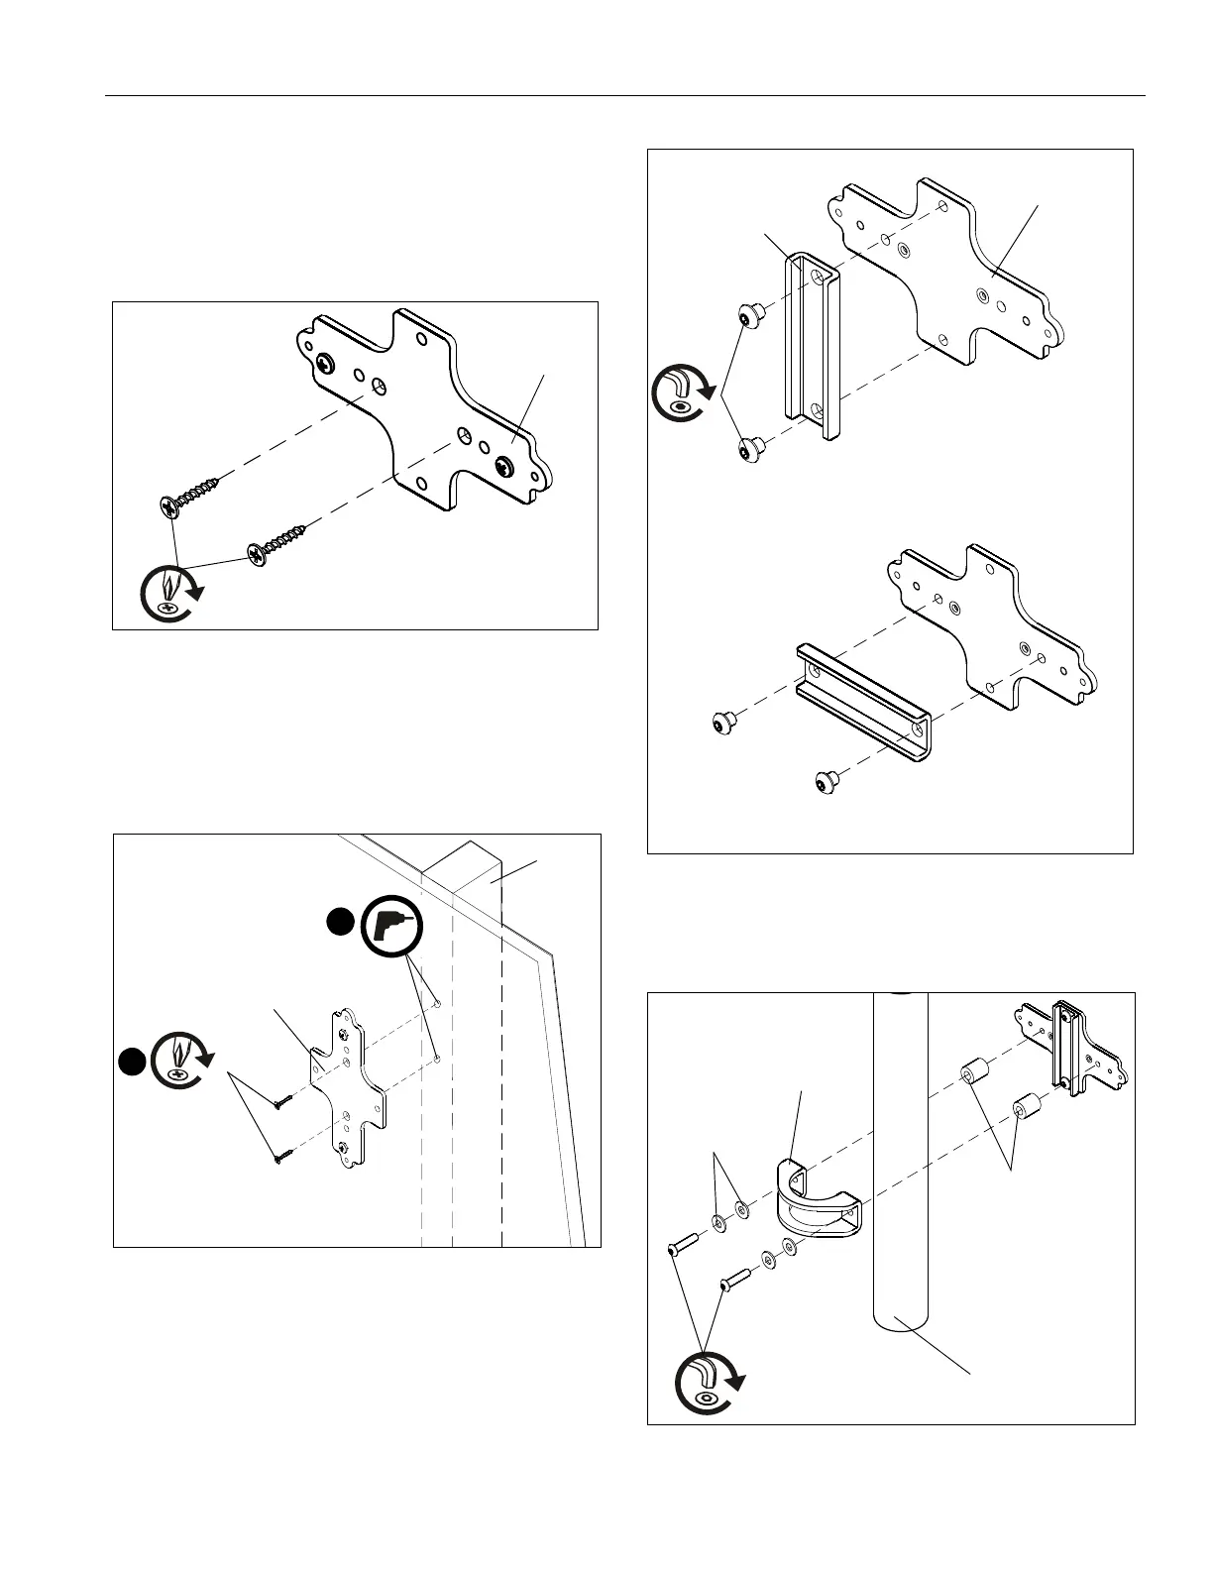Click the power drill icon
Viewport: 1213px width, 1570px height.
392,929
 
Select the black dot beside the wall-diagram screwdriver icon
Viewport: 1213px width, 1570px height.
130,1062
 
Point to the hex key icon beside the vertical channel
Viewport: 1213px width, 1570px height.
683,393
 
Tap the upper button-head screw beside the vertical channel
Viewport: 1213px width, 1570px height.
751,317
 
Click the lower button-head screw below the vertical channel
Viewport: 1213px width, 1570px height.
752,451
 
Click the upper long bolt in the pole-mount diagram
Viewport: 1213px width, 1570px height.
682,1243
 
